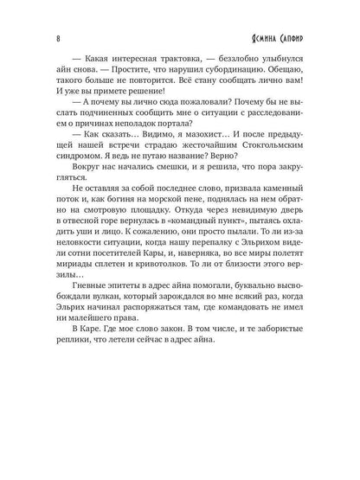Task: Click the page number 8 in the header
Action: coord(32,39)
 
